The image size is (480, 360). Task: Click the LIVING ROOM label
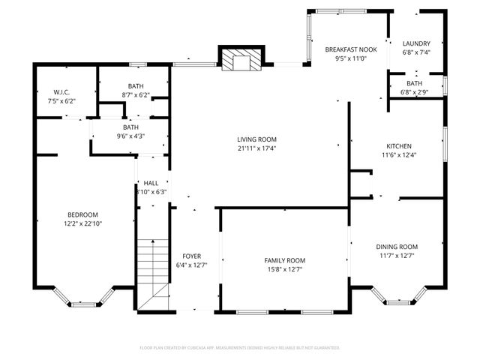click(257, 139)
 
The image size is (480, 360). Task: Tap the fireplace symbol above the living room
click(241, 61)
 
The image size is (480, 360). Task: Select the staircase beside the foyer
click(153, 266)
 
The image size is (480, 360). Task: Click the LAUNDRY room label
click(415, 43)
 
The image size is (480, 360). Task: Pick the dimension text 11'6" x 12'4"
click(399, 155)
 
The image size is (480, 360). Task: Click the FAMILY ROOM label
click(284, 260)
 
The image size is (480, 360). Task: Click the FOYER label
click(187, 256)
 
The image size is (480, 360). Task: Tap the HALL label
click(151, 183)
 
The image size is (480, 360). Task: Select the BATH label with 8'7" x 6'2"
click(136, 86)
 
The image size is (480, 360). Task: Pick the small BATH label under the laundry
click(415, 83)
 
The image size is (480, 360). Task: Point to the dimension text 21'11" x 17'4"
click(257, 148)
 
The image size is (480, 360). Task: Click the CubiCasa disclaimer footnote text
click(240, 348)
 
